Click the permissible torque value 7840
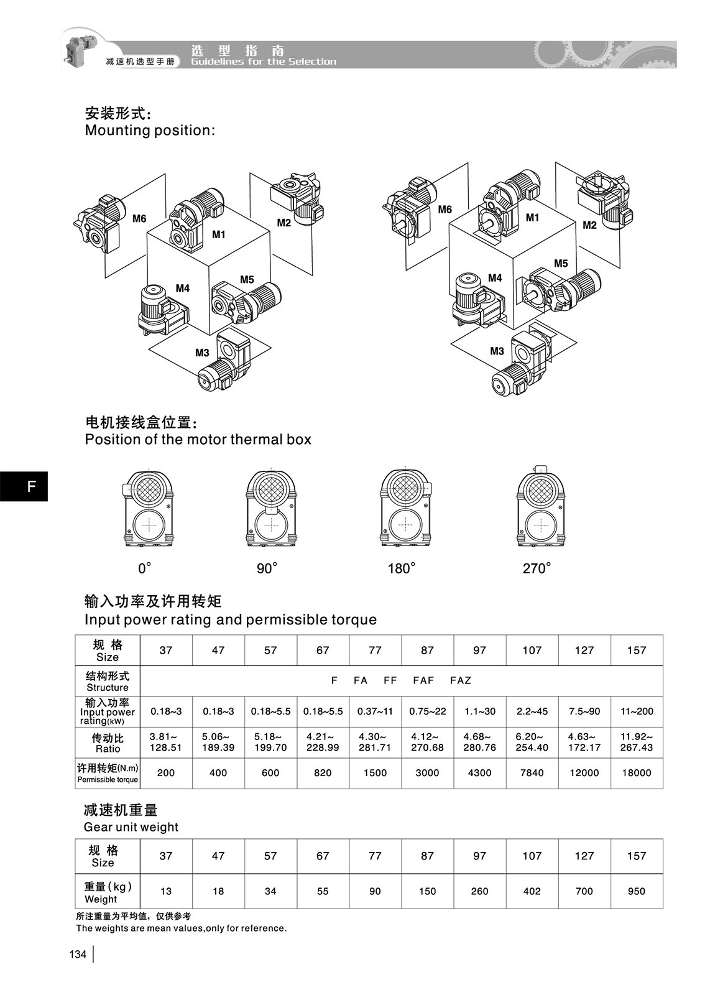tap(532, 773)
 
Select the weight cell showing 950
tap(636, 891)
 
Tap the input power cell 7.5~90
tap(584, 711)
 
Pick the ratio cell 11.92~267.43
tap(636, 742)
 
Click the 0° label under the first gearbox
tap(145, 568)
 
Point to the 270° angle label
tap(537, 568)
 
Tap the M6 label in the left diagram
tap(139, 219)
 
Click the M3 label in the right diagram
tap(497, 351)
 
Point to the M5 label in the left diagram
tap(247, 280)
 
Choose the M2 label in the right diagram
tap(589, 225)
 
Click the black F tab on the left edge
tap(24, 486)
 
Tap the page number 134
tap(78, 955)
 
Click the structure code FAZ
tap(461, 680)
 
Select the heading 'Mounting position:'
tap(150, 131)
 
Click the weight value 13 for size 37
tap(166, 891)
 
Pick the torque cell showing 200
tap(166, 773)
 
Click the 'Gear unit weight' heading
tap(131, 827)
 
